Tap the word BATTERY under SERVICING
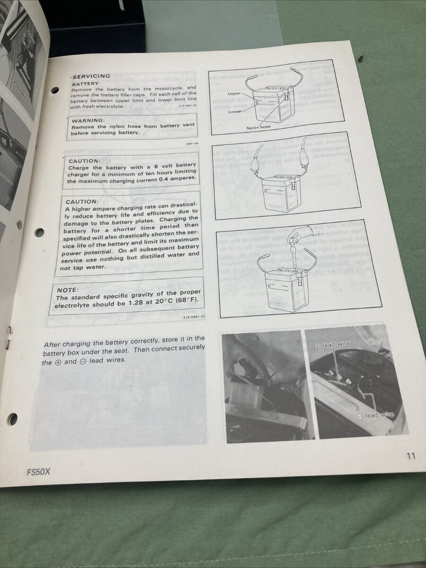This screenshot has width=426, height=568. (x=86, y=83)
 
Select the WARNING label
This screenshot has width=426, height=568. (x=88, y=120)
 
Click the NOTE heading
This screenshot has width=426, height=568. (x=68, y=290)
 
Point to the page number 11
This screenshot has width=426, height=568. (x=410, y=456)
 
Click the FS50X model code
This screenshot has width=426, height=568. (x=38, y=472)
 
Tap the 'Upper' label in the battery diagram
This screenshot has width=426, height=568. (x=234, y=94)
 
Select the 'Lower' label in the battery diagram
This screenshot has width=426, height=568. (x=235, y=111)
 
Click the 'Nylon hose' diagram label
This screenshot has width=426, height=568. (x=258, y=127)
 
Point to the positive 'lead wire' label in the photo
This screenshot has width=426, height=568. (x=333, y=345)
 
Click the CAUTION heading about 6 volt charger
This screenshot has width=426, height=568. (x=84, y=161)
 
